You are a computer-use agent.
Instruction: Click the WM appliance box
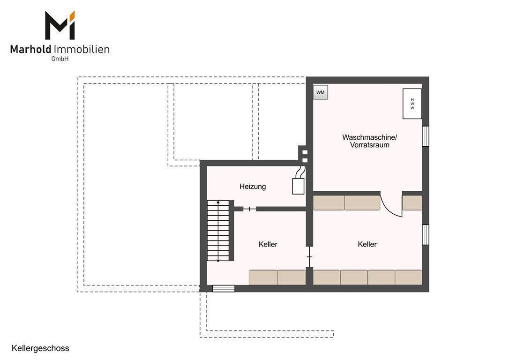pos(321,92)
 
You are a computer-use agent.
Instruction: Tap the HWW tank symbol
pos(412,104)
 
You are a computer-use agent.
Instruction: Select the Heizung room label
pos(253,187)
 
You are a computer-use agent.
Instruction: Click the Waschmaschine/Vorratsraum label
pos(369,141)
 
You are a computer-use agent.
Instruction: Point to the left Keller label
pos(268,244)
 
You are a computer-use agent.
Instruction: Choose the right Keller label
pos(367,244)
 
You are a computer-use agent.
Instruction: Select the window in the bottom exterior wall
pos(224,288)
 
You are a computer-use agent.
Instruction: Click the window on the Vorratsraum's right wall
pos(425,136)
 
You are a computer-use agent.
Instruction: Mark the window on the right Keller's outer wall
pos(425,235)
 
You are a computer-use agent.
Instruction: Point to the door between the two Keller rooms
pos(309,257)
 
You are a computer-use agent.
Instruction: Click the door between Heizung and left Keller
pos(249,209)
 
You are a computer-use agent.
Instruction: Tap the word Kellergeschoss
pos(40,348)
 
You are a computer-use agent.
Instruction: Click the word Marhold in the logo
pos(31,49)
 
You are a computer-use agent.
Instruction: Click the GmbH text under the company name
pos(60,59)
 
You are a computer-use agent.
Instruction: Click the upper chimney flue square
pos(305,152)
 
